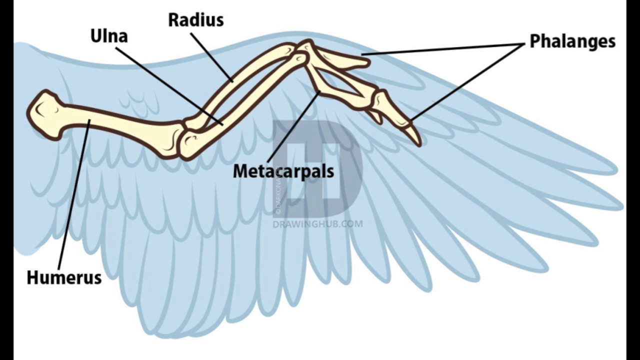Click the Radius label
point(195,20)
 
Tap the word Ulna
point(108,36)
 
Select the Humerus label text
point(64,277)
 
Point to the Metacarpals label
point(283,171)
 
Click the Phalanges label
point(572,41)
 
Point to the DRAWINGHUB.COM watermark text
point(318,224)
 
